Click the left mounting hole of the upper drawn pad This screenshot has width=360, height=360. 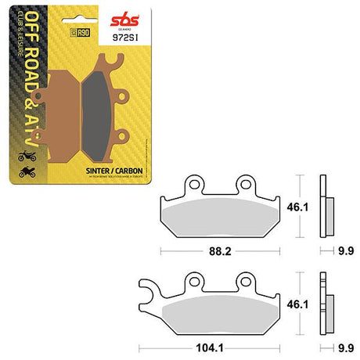coord(189,184)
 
